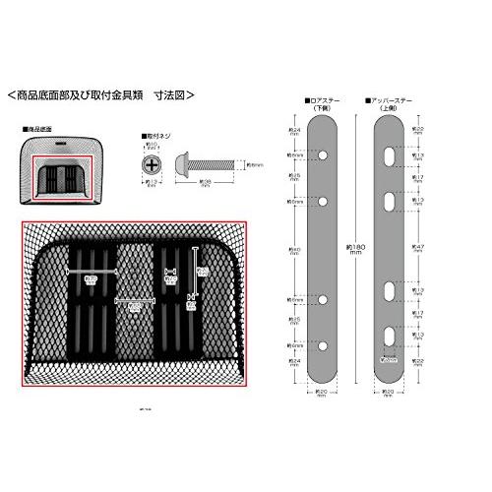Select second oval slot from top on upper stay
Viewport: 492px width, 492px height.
click(x=391, y=201)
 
